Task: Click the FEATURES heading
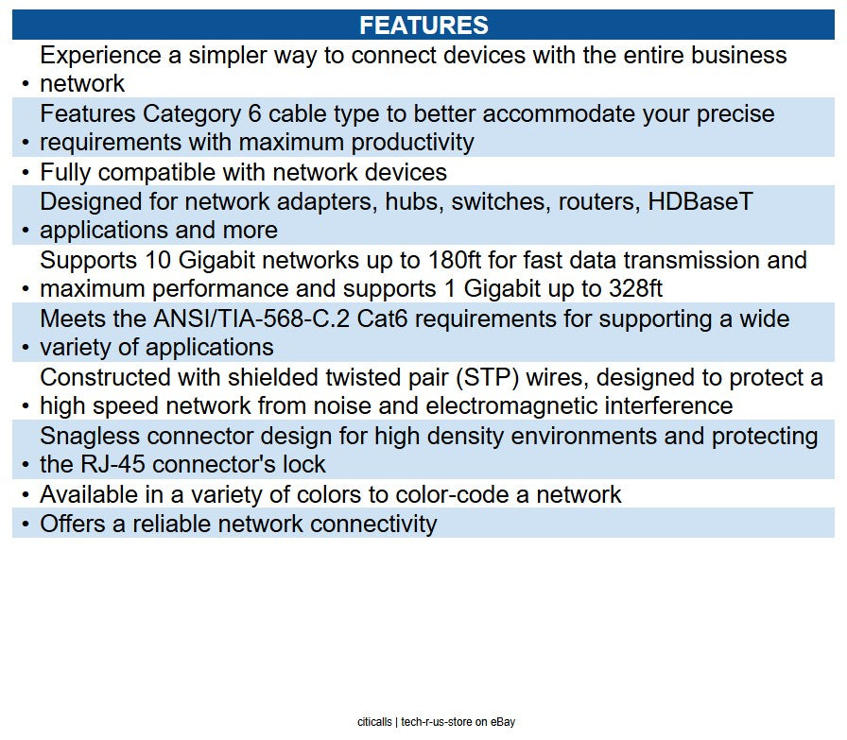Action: pyautogui.click(x=423, y=26)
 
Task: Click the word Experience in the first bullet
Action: pyautogui.click(x=100, y=55)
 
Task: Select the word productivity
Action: pyautogui.click(x=413, y=143)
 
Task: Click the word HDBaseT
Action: pyautogui.click(x=700, y=201)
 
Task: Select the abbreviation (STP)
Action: pyautogui.click(x=487, y=378)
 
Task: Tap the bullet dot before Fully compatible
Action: pyautogui.click(x=25, y=173)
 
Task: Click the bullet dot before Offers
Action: pyautogui.click(x=25, y=525)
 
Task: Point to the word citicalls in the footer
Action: pyautogui.click(x=374, y=722)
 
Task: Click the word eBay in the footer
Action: pyautogui.click(x=503, y=722)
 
